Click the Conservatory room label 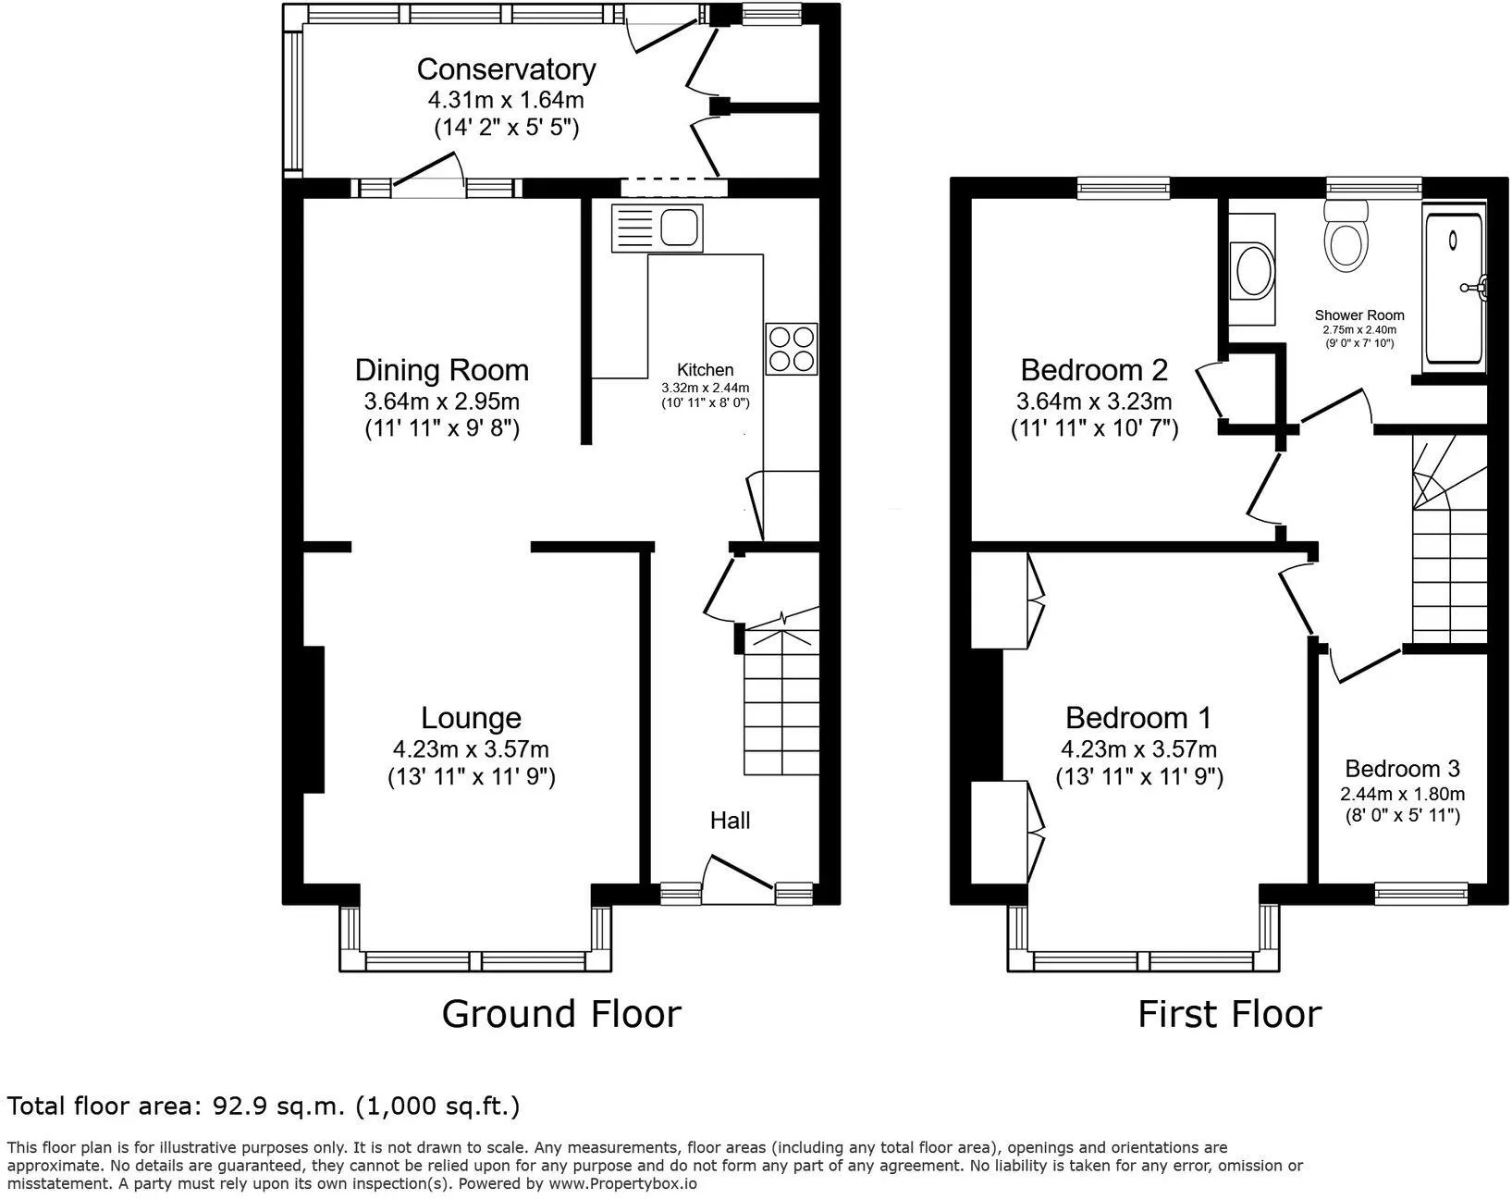click(x=506, y=69)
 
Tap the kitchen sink click(x=657, y=228)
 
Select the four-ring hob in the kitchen click(x=792, y=349)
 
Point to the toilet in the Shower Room click(x=1346, y=236)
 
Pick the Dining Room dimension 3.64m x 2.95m click(x=441, y=402)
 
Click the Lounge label click(x=471, y=718)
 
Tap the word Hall click(x=730, y=821)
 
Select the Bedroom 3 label click(x=1402, y=768)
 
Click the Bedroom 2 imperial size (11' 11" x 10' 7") click(x=1094, y=428)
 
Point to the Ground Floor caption click(x=561, y=1014)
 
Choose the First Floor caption click(x=1230, y=1014)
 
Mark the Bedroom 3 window click(x=1421, y=894)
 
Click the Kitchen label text click(x=705, y=370)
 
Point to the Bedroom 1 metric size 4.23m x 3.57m click(x=1138, y=749)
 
